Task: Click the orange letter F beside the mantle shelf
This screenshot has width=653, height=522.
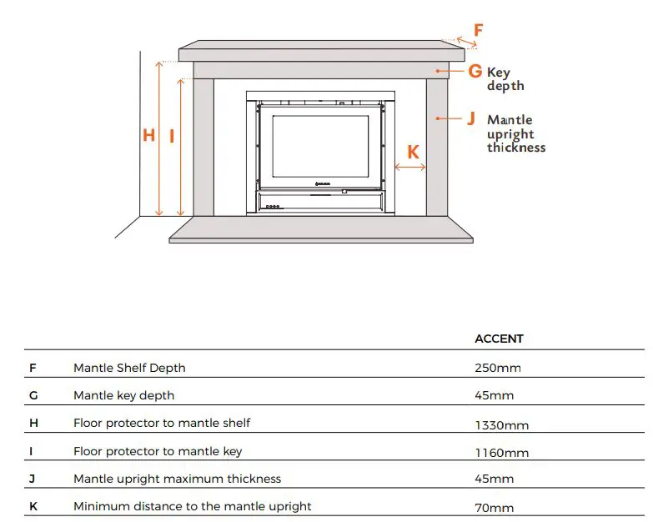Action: point(478,32)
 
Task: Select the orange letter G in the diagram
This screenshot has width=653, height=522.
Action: point(475,72)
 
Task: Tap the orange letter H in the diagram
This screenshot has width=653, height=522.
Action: point(148,135)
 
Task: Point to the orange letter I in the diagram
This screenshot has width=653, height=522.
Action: point(172,136)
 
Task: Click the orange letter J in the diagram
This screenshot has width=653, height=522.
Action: point(471,119)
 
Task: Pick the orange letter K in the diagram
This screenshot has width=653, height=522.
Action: point(413,153)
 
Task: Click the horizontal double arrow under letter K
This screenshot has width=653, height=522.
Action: point(409,168)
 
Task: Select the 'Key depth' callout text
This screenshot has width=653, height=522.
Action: point(505,79)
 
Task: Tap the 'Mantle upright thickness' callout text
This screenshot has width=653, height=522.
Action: point(516,133)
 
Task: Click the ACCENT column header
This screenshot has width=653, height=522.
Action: point(499,339)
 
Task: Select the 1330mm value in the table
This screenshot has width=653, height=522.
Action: point(501,424)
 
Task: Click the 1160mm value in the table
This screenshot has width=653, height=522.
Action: point(501,453)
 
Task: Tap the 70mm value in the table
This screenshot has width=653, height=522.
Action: point(494,508)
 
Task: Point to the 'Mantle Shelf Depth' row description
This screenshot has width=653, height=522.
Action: point(129,368)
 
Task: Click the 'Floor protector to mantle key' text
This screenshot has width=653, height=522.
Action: point(158,451)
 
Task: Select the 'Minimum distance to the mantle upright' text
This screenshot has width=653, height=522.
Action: point(192,506)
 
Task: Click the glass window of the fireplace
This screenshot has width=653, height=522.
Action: point(319,145)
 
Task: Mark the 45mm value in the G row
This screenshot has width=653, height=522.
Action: point(494,396)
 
